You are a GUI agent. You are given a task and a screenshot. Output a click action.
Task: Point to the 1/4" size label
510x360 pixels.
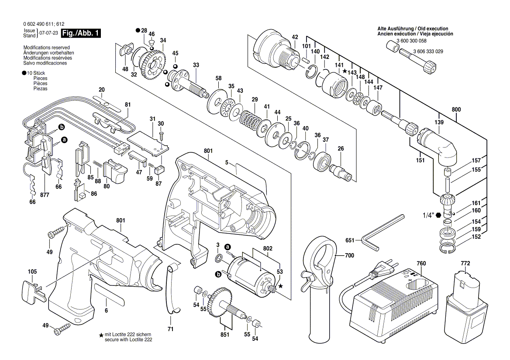(x=428, y=215)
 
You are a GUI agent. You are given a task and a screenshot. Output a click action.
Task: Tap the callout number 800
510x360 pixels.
(x=456, y=110)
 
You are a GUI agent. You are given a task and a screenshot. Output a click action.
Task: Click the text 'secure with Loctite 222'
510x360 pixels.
(x=129, y=339)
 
